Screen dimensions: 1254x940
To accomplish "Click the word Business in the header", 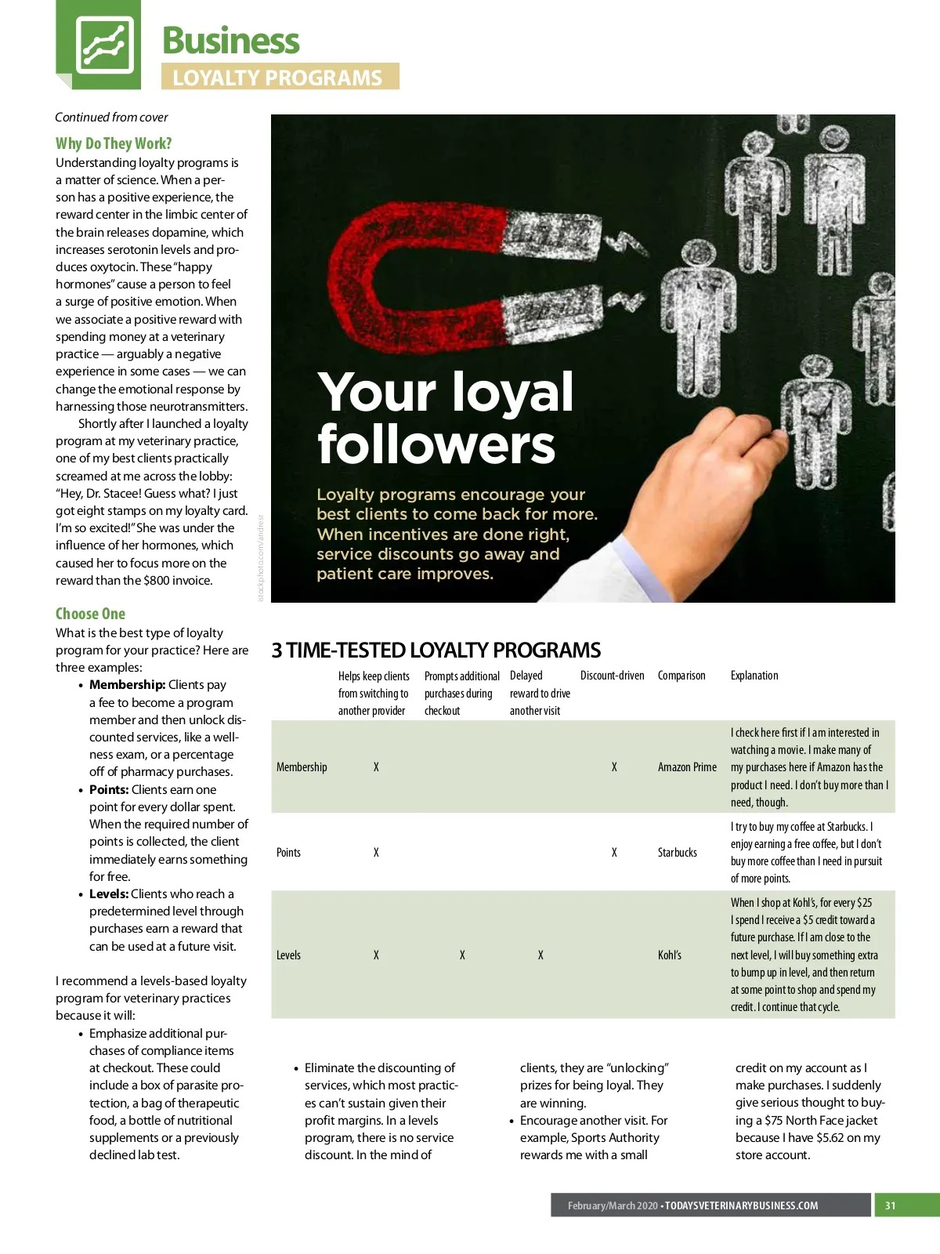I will [x=231, y=41].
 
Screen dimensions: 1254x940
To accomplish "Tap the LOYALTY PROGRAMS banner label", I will [x=278, y=78].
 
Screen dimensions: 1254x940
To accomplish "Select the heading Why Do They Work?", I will [x=114, y=143].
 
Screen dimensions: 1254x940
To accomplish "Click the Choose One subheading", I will [x=90, y=614].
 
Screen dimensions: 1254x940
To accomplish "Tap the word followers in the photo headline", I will [x=436, y=444].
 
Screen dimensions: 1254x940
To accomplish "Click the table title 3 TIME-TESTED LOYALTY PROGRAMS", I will [x=436, y=651].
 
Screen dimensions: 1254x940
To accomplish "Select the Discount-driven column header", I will [x=613, y=676].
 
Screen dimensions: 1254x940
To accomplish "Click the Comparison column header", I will [x=681, y=676].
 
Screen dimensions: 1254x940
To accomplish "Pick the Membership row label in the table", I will [x=302, y=767].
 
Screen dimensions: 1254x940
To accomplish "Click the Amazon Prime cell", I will [x=687, y=767].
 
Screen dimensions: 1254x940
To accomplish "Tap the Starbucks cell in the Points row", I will [x=677, y=853].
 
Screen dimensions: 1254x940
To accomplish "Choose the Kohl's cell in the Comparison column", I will [x=670, y=955].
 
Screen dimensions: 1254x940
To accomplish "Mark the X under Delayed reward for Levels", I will [x=540, y=955].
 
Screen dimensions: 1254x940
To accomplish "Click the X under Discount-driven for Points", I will [x=614, y=853].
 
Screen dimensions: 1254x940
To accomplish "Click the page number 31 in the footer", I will [x=890, y=1205].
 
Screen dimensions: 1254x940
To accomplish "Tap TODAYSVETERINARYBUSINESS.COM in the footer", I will [x=741, y=1205].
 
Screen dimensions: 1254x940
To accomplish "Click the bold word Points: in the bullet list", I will [x=109, y=789].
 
